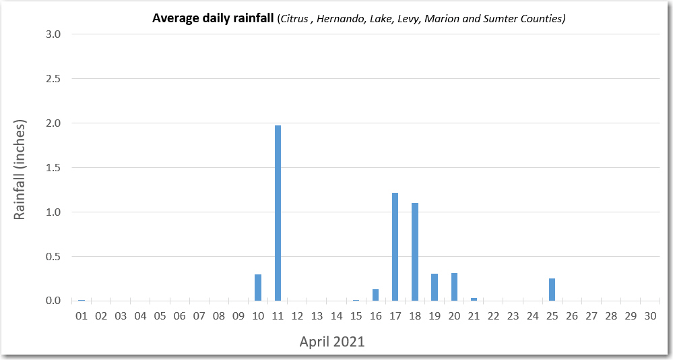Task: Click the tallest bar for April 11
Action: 278,213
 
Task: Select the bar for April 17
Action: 395,247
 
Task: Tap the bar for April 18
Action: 414,251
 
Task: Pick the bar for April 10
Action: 258,288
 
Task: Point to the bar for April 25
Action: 552,290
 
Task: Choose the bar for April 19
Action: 435,287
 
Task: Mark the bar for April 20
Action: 454,287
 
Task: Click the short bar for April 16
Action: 375,295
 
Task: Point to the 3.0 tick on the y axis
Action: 53,34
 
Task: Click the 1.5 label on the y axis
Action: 53,168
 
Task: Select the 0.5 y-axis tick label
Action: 53,257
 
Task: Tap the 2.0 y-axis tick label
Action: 53,123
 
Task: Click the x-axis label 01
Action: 82,316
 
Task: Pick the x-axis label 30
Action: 650,316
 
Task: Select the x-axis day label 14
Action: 336,316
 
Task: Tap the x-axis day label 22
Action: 493,316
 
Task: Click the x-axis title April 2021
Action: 331,342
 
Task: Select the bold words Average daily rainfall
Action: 213,18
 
